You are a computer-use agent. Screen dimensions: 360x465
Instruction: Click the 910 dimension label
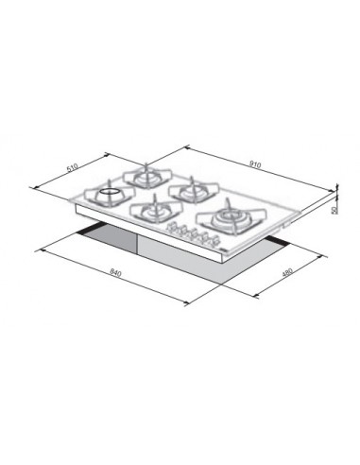click(x=255, y=164)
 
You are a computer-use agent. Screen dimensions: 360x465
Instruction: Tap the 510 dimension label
click(x=73, y=167)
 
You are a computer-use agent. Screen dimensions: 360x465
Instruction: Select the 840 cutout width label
click(x=115, y=272)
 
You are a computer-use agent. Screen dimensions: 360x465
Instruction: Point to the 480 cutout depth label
click(x=287, y=272)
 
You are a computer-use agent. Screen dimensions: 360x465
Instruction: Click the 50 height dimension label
click(x=334, y=210)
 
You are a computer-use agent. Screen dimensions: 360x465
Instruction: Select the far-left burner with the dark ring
click(x=109, y=194)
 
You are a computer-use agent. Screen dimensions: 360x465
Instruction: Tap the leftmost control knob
click(x=172, y=228)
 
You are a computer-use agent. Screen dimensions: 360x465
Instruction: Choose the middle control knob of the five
click(x=194, y=234)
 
